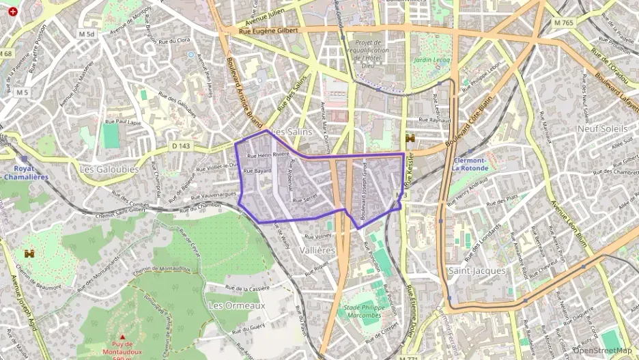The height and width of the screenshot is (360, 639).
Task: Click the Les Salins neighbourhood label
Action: coord(292,131)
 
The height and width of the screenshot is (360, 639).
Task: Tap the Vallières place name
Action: coord(317,251)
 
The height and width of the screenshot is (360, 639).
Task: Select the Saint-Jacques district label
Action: coord(477,271)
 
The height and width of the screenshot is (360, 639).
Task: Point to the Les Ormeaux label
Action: coord(237,305)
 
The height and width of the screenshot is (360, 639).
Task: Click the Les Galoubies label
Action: coord(109,169)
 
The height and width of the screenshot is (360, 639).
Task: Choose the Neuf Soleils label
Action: coord(602,128)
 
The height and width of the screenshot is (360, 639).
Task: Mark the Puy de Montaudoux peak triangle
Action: coord(122,337)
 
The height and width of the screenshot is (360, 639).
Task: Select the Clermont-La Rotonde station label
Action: coord(470,164)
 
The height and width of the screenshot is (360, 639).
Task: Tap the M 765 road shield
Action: coord(564,23)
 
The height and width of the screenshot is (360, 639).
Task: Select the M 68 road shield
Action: coord(7,53)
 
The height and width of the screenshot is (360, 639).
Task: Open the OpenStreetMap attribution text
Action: coord(603,350)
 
